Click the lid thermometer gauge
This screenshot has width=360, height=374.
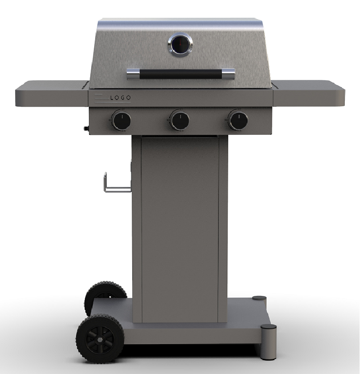pyautogui.click(x=180, y=45)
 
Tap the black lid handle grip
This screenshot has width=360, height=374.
pyautogui.click(x=180, y=74)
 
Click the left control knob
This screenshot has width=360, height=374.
pyautogui.click(x=121, y=121)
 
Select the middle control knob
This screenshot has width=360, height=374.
pyautogui.click(x=180, y=121)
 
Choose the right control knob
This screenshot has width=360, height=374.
pyautogui.click(x=238, y=120)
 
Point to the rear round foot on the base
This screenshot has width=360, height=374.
pyautogui.click(x=259, y=298)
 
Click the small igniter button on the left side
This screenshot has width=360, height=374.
pyautogui.click(x=85, y=129)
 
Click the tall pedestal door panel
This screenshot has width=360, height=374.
pyautogui.click(x=180, y=228)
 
